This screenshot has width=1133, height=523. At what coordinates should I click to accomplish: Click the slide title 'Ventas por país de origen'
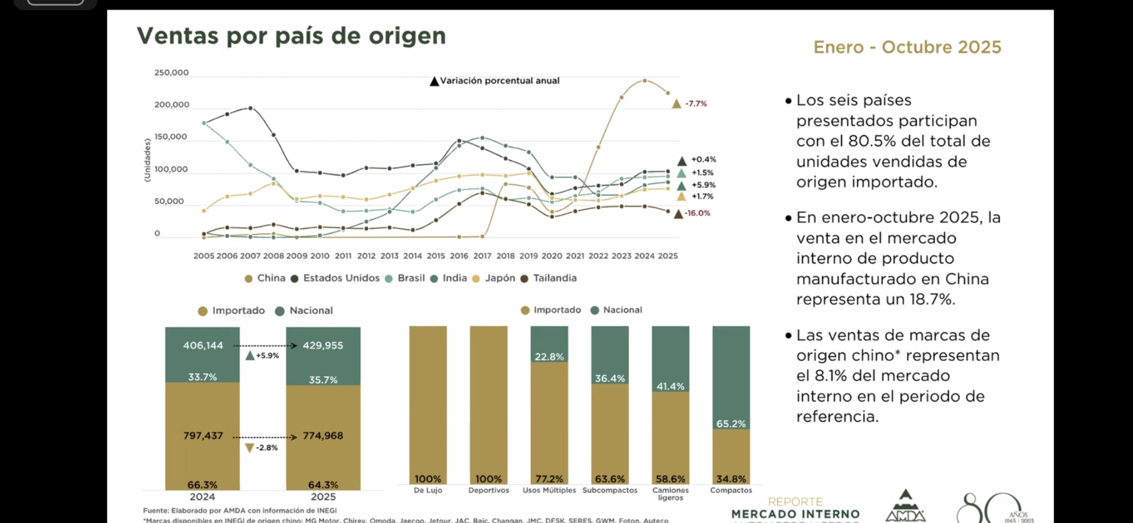291,36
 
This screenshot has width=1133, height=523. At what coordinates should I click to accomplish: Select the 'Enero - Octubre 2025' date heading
907,47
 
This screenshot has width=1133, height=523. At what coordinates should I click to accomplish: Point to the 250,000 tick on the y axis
171,73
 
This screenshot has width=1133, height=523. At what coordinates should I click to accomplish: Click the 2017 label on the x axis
482,256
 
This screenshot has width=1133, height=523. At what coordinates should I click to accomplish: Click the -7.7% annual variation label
696,104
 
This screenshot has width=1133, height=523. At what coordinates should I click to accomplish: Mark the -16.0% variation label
697,213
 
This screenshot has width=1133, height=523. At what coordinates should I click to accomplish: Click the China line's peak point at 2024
644,80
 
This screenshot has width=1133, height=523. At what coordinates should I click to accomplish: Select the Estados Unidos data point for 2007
250,108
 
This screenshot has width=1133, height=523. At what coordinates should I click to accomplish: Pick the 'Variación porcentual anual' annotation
499,81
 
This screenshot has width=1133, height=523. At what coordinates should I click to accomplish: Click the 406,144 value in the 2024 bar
203,345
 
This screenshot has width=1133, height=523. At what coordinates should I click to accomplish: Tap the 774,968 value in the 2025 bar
323,436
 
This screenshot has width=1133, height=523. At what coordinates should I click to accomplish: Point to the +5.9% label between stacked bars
267,355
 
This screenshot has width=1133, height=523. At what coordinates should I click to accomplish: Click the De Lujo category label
428,491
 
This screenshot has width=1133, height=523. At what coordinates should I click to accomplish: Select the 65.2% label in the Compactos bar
731,424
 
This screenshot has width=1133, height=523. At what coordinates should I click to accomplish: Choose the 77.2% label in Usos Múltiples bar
549,479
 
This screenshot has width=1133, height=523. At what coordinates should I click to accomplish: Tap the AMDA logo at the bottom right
905,507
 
